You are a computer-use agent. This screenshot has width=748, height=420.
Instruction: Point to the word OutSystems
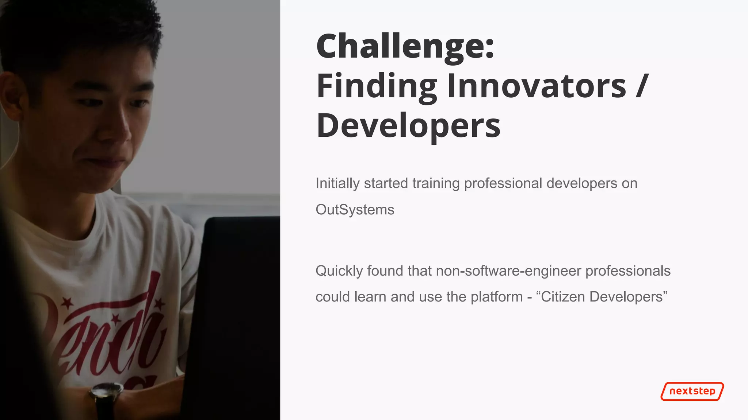(355, 210)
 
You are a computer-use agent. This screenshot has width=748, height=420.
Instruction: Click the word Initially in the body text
(337, 183)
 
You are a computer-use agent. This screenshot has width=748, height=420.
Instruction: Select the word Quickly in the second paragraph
(339, 271)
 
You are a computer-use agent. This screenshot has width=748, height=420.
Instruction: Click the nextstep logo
(692, 391)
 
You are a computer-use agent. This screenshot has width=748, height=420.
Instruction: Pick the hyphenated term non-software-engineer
(508, 271)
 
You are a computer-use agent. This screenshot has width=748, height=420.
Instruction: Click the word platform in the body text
(496, 297)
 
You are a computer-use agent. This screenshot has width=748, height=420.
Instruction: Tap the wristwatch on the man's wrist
(106, 393)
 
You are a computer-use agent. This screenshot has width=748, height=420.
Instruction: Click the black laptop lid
(237, 310)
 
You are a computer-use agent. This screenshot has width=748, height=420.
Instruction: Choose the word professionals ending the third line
(628, 271)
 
